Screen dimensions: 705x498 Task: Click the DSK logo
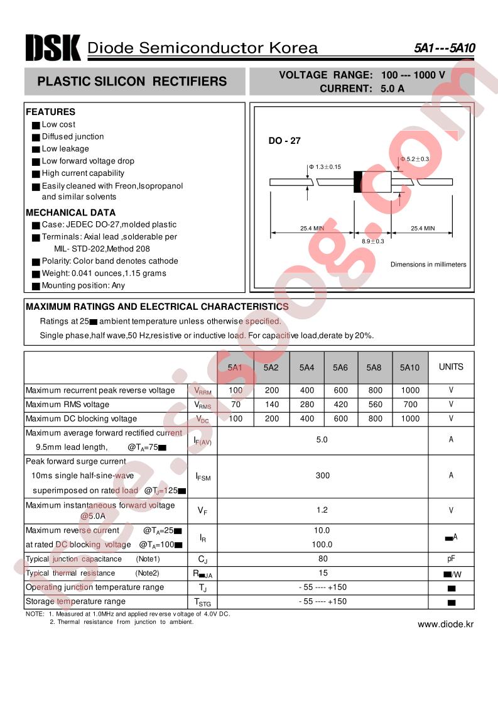(53, 47)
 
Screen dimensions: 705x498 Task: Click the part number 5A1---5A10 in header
(443, 48)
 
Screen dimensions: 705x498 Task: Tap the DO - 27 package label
(285, 141)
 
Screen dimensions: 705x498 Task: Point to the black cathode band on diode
(357, 182)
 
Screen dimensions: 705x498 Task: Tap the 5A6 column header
(340, 367)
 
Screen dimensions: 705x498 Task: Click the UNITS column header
(451, 367)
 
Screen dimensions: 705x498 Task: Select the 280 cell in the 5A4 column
(307, 405)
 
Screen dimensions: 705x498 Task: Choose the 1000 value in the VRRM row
(409, 390)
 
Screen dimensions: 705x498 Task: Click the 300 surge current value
(322, 476)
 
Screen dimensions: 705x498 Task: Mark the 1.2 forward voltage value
(322, 510)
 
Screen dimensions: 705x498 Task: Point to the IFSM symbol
(203, 477)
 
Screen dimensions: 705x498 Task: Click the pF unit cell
(451, 559)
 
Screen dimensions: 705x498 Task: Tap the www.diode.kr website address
(446, 624)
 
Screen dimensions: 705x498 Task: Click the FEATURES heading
(50, 112)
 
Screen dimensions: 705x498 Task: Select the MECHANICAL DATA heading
(70, 212)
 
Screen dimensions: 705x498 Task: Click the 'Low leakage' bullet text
(65, 149)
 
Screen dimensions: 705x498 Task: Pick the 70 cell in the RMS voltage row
(235, 405)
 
